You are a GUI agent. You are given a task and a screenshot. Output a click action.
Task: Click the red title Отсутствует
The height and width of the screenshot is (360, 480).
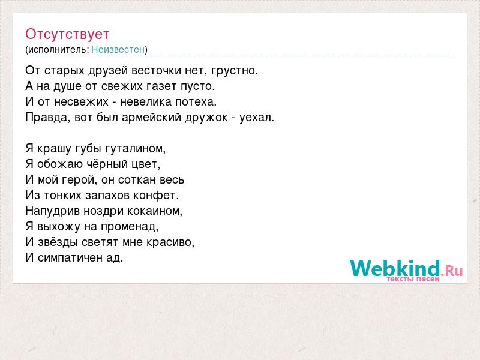click(67, 34)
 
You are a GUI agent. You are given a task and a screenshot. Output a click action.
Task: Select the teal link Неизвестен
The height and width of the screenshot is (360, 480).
click(118, 50)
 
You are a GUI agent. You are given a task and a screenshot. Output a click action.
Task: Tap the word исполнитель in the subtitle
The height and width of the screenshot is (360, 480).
click(58, 50)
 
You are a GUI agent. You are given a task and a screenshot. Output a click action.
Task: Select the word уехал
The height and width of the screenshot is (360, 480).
click(257, 118)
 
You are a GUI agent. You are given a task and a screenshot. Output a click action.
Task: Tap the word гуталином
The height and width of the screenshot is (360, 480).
click(135, 149)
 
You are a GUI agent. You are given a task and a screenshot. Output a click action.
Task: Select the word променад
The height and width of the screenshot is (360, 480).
click(130, 227)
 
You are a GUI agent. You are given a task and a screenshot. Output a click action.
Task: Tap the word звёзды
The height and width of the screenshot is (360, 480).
click(58, 242)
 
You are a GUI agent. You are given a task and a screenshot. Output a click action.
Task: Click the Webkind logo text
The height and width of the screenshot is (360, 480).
click(395, 268)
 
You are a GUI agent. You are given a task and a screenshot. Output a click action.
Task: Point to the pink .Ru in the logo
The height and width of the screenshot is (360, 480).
click(452, 271)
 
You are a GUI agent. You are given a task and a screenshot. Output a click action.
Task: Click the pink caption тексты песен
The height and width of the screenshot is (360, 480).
click(413, 279)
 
